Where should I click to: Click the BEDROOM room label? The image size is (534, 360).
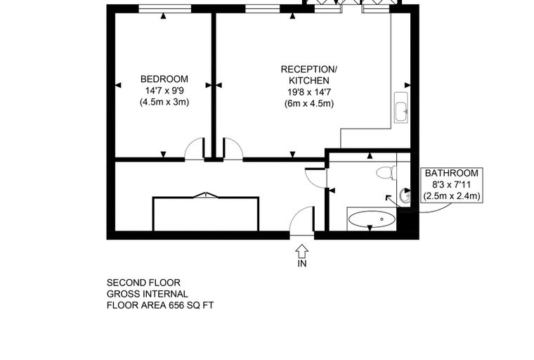[164, 79]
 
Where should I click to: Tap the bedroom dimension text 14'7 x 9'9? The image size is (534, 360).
[164, 91]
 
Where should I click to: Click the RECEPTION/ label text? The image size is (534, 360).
[309, 69]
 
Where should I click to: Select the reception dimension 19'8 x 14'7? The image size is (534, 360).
[309, 92]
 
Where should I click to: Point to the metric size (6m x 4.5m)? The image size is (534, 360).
[309, 103]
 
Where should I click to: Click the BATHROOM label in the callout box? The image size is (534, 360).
[452, 173]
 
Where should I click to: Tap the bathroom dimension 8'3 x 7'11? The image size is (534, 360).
[452, 185]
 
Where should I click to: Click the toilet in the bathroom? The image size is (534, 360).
[386, 172]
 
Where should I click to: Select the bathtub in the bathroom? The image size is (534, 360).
[372, 219]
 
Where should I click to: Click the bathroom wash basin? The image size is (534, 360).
[405, 195]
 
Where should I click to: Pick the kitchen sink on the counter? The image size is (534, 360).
[401, 108]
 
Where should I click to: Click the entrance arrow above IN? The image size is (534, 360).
[301, 252]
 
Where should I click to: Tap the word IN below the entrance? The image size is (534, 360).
[302, 264]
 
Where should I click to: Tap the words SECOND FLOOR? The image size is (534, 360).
[143, 283]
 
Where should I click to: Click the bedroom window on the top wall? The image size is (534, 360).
[165, 9]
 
